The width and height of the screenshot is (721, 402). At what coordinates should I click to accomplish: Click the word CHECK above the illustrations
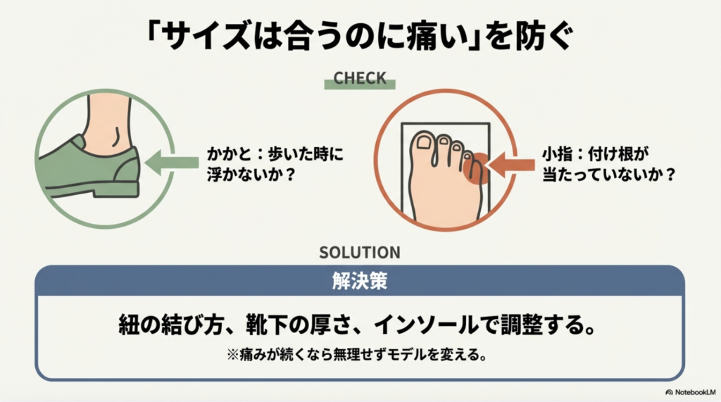(360, 77)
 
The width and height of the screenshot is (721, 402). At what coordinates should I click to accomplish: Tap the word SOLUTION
(359, 252)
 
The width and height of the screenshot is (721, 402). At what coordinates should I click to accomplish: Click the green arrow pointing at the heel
(173, 162)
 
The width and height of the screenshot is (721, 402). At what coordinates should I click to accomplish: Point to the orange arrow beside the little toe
(511, 166)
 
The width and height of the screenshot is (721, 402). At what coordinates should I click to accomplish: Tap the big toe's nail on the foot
(424, 143)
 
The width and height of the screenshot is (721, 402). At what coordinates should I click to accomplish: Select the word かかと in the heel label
(225, 153)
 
